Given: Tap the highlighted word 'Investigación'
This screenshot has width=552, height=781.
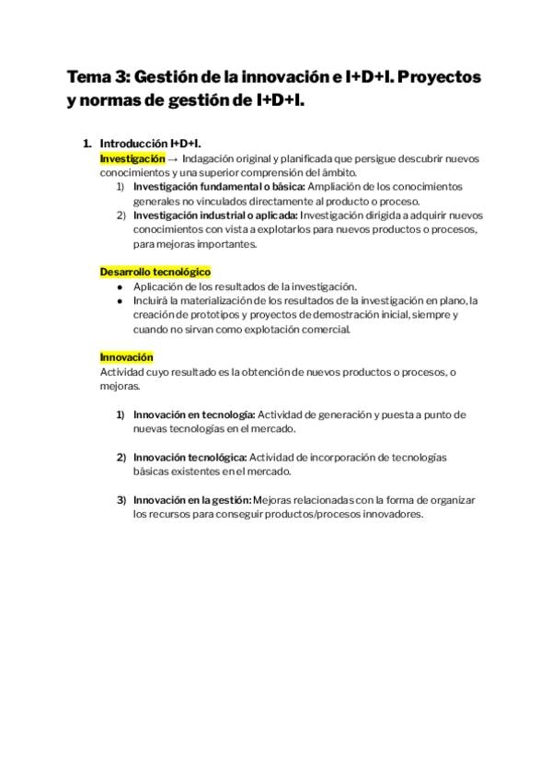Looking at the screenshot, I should pos(132,158).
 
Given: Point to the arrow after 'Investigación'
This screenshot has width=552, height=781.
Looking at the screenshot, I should pos(174,158).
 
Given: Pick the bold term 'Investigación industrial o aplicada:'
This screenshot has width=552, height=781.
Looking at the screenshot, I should pos(215,216).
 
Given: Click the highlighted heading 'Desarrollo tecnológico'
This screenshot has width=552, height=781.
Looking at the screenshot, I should pos(155,272).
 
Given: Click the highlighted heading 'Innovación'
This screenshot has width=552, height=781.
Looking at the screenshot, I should pos(127,357).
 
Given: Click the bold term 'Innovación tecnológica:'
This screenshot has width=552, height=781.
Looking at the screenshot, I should pos(190,457).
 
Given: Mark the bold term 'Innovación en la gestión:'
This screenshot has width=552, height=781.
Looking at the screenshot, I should pos(191,500).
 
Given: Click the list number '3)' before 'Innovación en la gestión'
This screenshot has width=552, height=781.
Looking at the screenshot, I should pos(121,500).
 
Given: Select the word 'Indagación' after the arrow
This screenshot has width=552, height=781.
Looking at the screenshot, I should pos(213,158).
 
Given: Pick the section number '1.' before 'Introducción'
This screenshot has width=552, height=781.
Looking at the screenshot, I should pos(87,145).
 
